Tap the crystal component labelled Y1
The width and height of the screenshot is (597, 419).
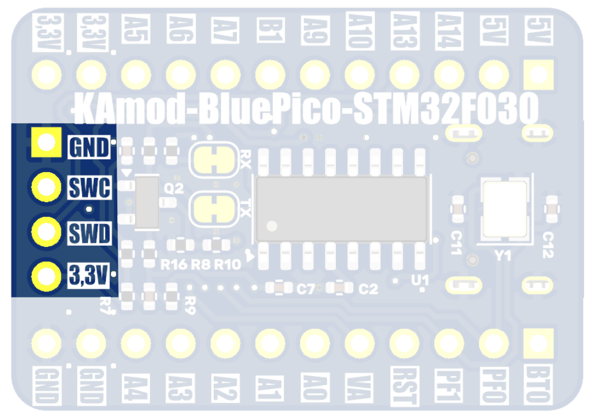click(x=506, y=210)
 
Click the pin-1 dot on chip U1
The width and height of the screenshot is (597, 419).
click(x=273, y=225)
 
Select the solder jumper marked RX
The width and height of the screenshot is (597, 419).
click(x=214, y=159)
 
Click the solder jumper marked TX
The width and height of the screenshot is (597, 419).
click(x=214, y=209)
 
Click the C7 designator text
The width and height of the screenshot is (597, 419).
click(x=305, y=290)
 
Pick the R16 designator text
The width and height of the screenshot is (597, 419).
click(x=174, y=265)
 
